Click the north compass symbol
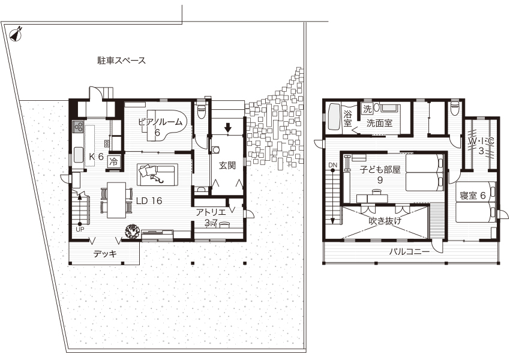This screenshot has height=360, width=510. pos(15,34)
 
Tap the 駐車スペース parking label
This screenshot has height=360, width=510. pos(121,61)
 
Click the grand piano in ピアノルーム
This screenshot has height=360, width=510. pos(164,127)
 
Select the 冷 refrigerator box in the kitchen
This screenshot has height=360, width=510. pos(113,161)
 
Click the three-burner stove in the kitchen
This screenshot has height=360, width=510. pos(78,126)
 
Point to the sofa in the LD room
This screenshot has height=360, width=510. pos(157,175)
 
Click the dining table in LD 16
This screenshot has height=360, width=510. pos(116,200)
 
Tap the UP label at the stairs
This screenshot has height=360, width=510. pos(80,229)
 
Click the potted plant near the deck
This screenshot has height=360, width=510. pos(132,231)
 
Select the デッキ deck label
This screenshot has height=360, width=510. pos(105,254)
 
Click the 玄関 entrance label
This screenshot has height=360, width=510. pos(227,166)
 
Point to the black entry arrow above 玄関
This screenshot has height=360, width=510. pos(227,127)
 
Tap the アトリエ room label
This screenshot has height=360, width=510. pos(211,212)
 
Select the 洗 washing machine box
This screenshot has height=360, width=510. pos(367,109)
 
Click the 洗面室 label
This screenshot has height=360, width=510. pos(379,123)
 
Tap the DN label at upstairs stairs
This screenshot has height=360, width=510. pos(333,165)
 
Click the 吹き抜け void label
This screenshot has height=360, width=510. pos(385,221)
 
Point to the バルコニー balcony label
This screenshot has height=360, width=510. pos(409,251)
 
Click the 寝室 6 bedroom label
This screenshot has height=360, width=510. pos(473,195)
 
